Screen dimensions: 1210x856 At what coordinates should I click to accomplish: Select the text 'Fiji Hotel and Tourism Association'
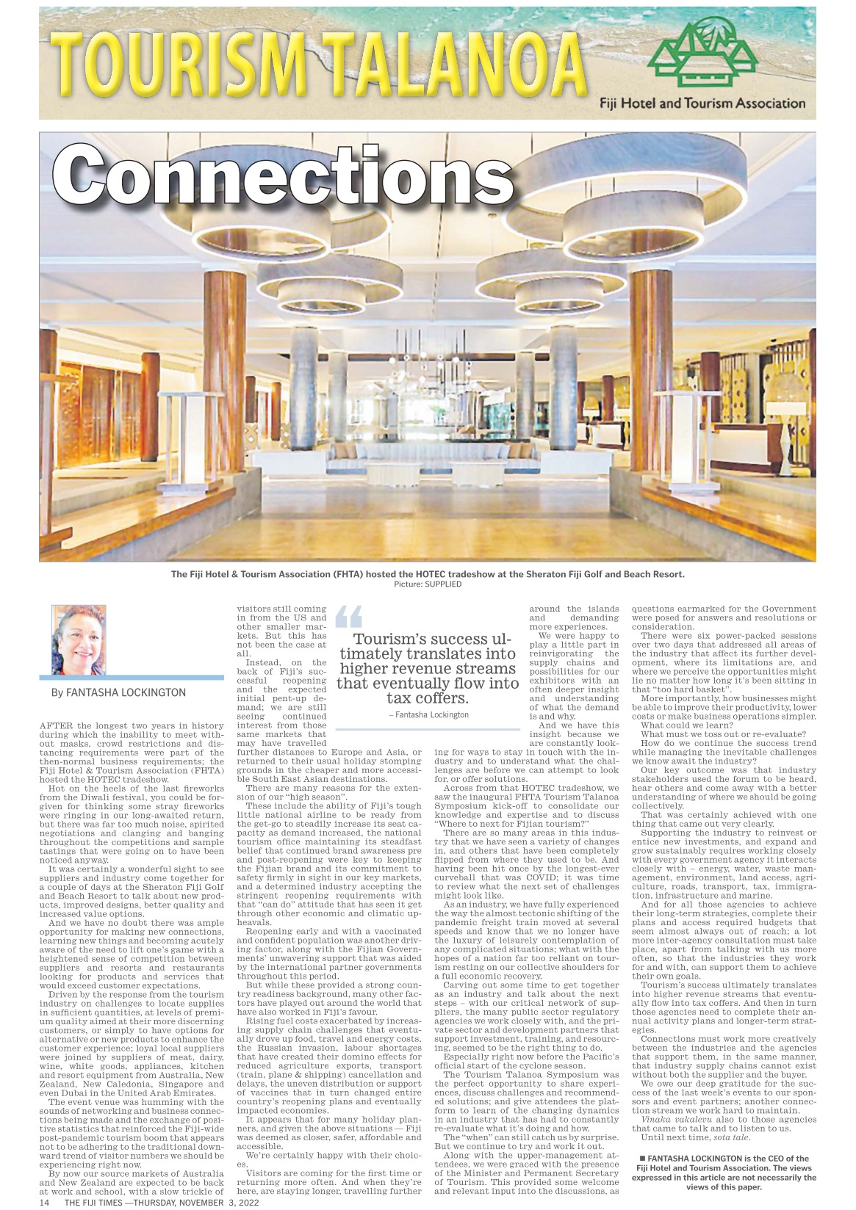702,104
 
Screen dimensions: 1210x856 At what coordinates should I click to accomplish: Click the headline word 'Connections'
282,174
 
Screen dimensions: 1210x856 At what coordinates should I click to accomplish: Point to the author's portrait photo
79,639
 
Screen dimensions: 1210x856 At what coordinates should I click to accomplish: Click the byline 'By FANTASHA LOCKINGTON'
118,692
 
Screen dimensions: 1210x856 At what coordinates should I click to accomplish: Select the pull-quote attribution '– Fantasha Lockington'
428,714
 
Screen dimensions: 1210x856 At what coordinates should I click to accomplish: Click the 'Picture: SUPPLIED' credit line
427,584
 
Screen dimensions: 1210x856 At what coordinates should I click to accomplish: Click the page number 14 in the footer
44,1203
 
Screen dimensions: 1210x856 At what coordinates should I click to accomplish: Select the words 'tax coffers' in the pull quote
428,698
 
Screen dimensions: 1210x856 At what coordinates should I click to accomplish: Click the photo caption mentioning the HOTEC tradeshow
428,574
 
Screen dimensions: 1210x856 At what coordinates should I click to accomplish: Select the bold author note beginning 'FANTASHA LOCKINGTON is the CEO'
724,1173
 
